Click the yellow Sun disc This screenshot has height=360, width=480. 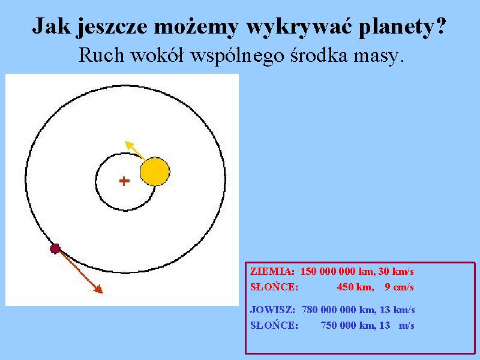point(155,172)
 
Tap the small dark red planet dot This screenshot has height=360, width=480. point(55,248)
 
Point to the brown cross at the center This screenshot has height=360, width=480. point(124,181)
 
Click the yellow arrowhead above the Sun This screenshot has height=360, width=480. point(130,145)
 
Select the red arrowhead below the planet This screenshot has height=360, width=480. point(98,289)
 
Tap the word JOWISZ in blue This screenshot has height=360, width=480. point(272,310)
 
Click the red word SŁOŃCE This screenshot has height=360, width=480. point(274,287)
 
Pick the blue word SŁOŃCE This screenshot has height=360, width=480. point(274,325)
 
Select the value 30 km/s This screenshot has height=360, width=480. point(396,271)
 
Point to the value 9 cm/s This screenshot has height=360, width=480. point(399,287)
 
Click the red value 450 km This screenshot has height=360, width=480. point(355,287)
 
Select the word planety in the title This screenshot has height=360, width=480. point(402,27)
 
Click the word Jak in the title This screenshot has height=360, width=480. point(51,25)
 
